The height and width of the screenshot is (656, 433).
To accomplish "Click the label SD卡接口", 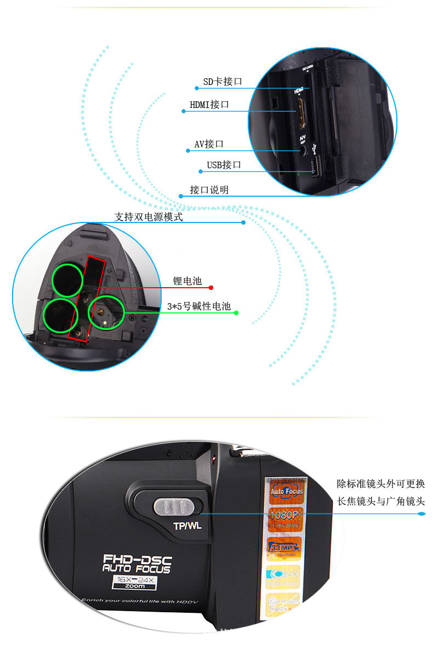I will [223, 82].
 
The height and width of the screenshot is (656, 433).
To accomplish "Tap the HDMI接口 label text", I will [209, 104].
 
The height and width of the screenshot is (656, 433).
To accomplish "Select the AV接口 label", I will [209, 144].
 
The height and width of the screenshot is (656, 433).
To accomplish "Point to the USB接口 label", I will [224, 164].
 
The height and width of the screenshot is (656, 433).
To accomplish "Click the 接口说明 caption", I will [209, 190].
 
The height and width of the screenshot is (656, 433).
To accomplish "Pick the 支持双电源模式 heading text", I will [148, 217].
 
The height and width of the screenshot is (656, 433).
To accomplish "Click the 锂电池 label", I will [187, 281].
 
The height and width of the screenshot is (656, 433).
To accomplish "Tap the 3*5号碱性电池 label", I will [199, 306].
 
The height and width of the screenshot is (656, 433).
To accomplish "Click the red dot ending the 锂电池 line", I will [211, 287].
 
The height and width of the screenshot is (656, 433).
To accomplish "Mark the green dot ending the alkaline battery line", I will [236, 313].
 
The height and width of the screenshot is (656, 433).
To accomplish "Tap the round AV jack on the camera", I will [303, 148].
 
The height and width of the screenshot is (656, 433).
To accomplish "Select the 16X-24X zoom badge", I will [134, 583].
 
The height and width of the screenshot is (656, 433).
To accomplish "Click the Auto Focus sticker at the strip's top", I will [287, 490].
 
